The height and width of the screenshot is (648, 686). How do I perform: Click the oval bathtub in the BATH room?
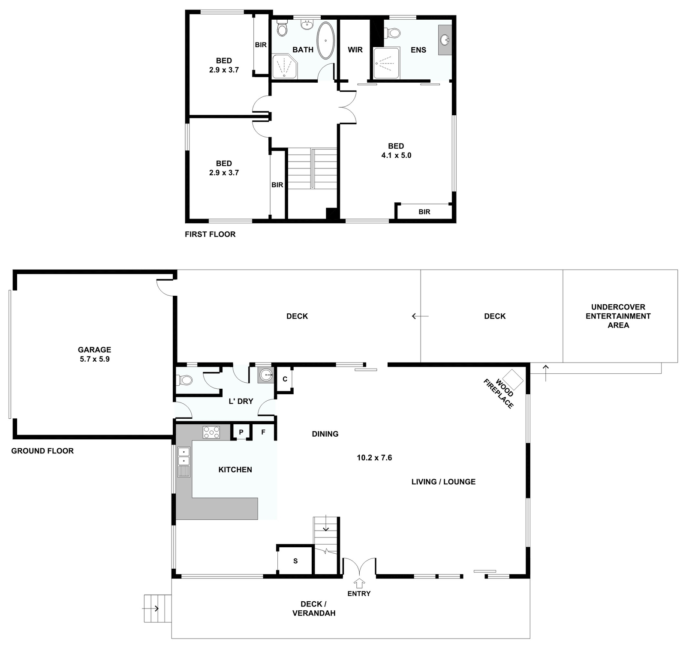point(326,40)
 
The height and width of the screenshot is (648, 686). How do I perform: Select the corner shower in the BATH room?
point(284,66)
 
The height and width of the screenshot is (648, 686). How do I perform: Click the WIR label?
point(355,50)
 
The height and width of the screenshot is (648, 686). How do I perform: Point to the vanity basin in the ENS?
point(445,40)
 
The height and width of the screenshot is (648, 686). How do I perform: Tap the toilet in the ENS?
point(393,33)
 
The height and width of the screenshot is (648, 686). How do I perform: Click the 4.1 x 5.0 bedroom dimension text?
point(396,155)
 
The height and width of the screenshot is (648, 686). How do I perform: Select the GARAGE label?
point(94,350)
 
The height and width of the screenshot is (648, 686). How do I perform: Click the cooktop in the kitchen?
point(211,432)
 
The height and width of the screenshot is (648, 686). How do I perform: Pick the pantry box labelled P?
point(241,432)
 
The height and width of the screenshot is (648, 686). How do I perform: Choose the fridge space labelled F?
point(263,432)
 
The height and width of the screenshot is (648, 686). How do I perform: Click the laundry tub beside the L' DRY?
point(266,375)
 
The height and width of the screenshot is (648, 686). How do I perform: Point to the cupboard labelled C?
point(285,379)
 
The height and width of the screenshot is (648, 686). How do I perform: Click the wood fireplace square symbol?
point(513,379)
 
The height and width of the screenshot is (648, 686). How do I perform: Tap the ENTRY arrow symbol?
point(359,583)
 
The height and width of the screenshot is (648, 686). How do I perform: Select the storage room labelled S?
point(295,561)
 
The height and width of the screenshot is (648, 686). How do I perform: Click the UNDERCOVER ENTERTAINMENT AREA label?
point(618,316)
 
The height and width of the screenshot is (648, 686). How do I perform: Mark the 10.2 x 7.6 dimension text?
point(374,458)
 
